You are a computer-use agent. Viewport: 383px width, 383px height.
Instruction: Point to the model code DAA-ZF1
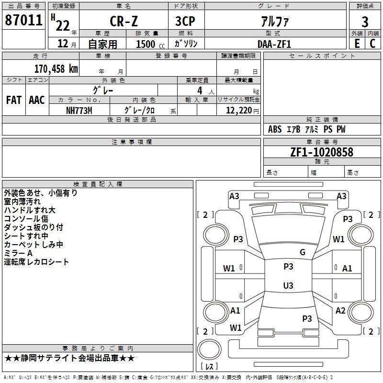[274, 44]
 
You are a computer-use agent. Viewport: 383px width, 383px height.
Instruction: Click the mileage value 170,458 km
[56, 69]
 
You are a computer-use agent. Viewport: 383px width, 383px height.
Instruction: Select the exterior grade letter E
[357, 44]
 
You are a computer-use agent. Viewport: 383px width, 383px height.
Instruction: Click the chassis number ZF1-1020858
[322, 152]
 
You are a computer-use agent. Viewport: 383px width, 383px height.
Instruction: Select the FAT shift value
[13, 100]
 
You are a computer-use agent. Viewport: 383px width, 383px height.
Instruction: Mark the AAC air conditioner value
[37, 100]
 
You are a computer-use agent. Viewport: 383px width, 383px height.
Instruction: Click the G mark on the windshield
[303, 252]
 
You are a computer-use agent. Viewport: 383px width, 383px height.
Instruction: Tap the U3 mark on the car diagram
[288, 286]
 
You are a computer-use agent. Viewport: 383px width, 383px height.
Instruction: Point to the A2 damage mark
[340, 311]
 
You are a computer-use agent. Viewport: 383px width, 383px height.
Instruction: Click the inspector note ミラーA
[18, 253]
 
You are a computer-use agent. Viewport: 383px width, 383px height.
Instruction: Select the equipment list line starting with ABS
[306, 129]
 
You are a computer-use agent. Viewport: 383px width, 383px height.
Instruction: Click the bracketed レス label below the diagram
[209, 366]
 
